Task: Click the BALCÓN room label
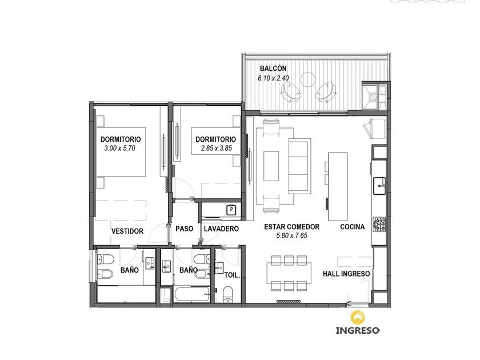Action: point(273,68)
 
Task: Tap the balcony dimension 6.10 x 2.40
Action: point(273,78)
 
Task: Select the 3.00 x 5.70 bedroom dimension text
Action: point(119,149)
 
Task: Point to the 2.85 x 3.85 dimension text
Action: point(217,149)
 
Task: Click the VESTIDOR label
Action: point(127,231)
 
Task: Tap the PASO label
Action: point(184,229)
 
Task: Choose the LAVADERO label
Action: point(221,229)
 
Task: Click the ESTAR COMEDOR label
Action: point(292,227)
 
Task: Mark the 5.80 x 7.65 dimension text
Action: point(292,235)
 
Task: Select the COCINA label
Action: point(353,227)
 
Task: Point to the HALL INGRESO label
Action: point(346,274)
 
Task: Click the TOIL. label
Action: point(232,275)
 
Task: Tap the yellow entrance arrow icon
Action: point(358,318)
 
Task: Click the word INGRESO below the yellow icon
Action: point(358,330)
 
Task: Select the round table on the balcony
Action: point(307,79)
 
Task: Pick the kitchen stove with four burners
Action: point(379,224)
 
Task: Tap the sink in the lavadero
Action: point(231,210)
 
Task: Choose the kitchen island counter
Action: point(338,187)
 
